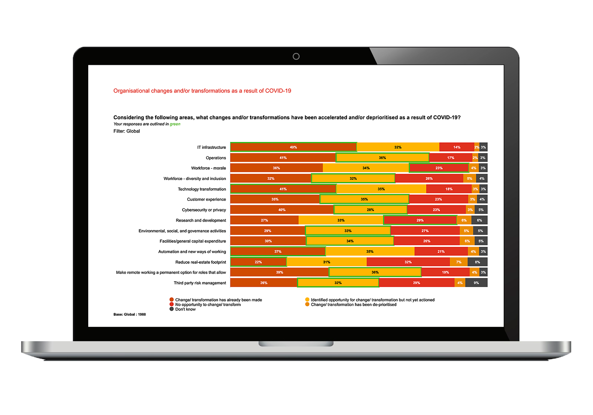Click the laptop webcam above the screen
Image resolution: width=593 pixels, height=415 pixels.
tap(296, 56)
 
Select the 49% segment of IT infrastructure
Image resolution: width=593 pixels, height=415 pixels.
tap(293, 147)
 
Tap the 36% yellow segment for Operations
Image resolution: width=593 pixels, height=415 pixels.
tap(382, 157)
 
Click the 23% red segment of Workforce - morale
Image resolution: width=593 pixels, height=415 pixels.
tap(439, 168)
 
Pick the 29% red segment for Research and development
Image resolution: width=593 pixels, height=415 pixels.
tap(420, 220)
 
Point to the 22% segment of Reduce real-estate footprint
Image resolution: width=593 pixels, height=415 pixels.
tap(258, 262)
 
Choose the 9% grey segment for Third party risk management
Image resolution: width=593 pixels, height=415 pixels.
tap(476, 283)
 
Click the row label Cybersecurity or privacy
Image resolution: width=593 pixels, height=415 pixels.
tap(204, 210)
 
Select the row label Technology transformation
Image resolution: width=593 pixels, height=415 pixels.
tap(202, 189)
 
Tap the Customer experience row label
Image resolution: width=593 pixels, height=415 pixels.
tap(206, 199)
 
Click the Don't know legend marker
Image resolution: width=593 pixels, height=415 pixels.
tap(172, 309)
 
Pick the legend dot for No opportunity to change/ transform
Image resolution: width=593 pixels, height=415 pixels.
tap(172, 304)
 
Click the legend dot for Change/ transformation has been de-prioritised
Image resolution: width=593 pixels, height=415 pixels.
tap(307, 304)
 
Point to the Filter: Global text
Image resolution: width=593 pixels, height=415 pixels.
tap(127, 131)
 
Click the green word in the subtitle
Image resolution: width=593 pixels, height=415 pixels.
tap(175, 124)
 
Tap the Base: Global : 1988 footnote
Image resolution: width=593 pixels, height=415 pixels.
tap(130, 314)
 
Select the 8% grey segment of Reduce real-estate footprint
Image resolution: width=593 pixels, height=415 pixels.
tap(477, 262)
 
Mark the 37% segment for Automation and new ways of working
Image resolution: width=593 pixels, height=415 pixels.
tap(278, 252)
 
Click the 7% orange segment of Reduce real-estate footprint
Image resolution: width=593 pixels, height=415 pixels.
tap(459, 262)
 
